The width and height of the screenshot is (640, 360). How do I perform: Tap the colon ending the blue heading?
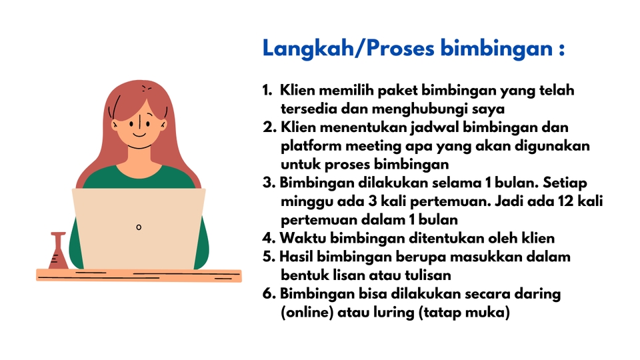point(561,51)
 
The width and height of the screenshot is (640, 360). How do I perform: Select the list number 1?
point(267,90)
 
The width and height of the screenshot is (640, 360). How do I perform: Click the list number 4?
point(269,237)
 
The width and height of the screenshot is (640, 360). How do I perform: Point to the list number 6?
point(269,293)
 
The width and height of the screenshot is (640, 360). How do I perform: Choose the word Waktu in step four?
point(301,237)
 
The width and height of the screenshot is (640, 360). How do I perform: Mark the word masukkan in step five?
point(482,256)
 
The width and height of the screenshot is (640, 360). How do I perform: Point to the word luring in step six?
point(394,312)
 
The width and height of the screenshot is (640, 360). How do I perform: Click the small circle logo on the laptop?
point(139,227)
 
